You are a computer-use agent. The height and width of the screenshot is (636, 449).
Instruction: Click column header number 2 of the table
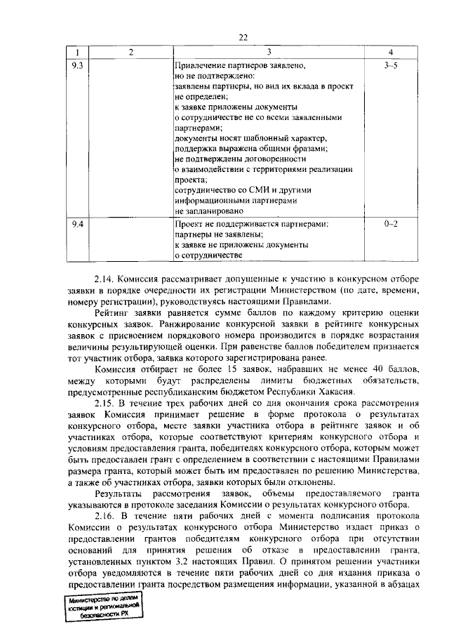click(131, 53)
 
